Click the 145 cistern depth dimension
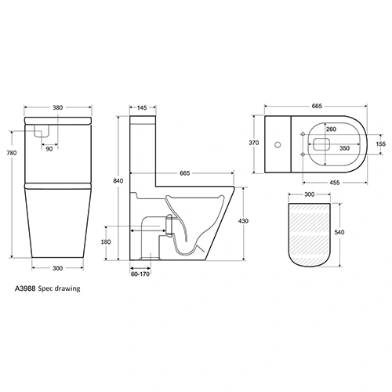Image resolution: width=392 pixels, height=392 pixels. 143,109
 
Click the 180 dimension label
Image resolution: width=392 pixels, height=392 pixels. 106,242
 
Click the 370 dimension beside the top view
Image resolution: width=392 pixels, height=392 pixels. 252,143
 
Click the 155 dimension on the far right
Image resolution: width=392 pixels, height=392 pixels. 380,143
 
